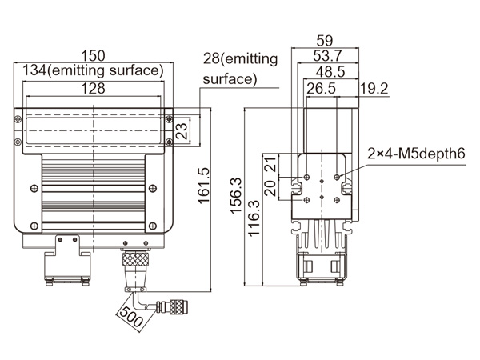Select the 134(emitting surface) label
click(x=94, y=70)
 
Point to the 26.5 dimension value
click(x=320, y=88)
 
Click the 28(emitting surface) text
click(x=240, y=68)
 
